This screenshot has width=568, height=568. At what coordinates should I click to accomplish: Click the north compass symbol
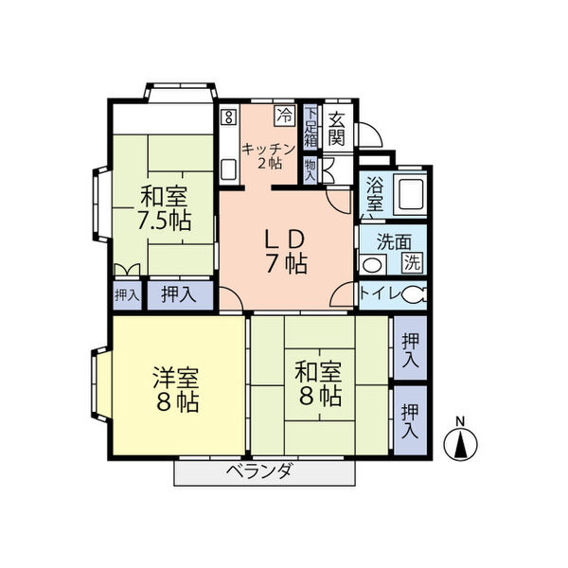[x=461, y=443]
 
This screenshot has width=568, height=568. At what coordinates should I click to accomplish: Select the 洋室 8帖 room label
[x=176, y=388]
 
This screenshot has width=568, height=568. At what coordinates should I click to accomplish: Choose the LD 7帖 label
[x=284, y=250]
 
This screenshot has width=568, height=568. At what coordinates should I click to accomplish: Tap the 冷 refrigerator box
[x=284, y=116]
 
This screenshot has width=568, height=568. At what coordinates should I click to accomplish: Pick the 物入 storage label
[x=311, y=169]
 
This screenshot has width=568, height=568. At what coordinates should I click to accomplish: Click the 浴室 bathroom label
[x=374, y=193]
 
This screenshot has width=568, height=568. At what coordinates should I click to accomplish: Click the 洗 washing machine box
[x=413, y=262]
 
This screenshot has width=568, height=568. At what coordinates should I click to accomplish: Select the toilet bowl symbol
[x=413, y=295]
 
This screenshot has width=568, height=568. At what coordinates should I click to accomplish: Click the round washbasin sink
[x=376, y=264]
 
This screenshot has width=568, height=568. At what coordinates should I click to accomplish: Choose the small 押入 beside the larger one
[x=126, y=295]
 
